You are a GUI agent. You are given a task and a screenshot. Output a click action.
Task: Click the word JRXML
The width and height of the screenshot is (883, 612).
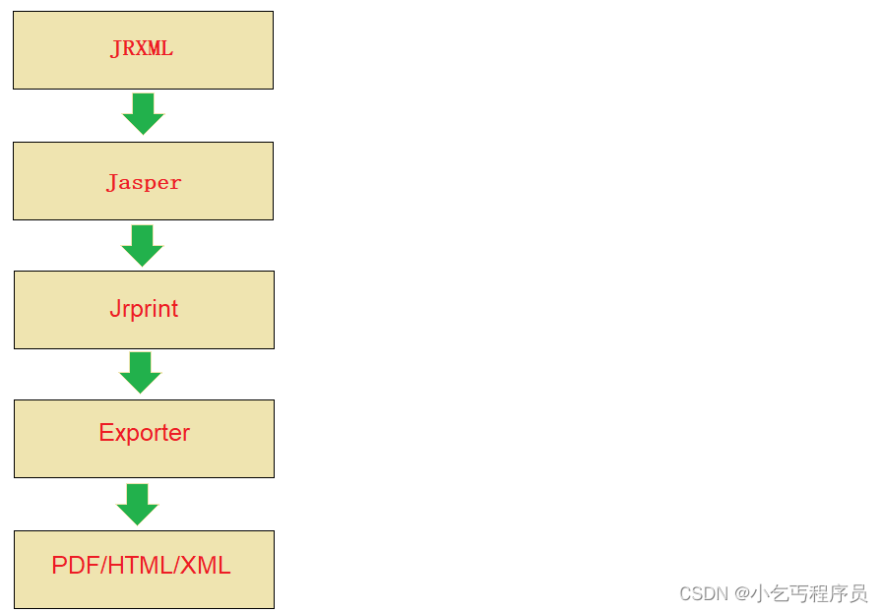pos(142,49)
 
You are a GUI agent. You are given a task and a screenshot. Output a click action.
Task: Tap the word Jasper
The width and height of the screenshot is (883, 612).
pos(144,182)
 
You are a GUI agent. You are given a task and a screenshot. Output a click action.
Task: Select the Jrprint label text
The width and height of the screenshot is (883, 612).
pos(144,309)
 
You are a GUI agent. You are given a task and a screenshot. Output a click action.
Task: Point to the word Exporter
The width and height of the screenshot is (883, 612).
pos(144,433)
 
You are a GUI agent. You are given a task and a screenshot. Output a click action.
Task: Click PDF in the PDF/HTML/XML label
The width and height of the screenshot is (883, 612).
pos(74,566)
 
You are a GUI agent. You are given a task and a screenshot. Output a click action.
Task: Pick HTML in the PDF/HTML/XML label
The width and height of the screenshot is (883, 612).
pos(141,566)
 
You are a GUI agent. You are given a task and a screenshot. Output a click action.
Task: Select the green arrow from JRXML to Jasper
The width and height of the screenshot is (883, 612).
pos(143,113)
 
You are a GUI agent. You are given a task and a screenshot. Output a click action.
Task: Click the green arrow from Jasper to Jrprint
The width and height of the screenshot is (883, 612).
pos(142,245)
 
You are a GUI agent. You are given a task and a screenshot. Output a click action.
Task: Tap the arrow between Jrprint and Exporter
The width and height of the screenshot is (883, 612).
pos(140,372)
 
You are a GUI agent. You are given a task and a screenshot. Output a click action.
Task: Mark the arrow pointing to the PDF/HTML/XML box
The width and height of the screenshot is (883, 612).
pos(137,504)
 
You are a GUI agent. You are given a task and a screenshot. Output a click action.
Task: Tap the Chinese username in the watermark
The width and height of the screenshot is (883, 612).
pos(809,594)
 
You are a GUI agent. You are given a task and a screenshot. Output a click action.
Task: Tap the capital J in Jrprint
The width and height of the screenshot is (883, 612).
pos(114,309)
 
